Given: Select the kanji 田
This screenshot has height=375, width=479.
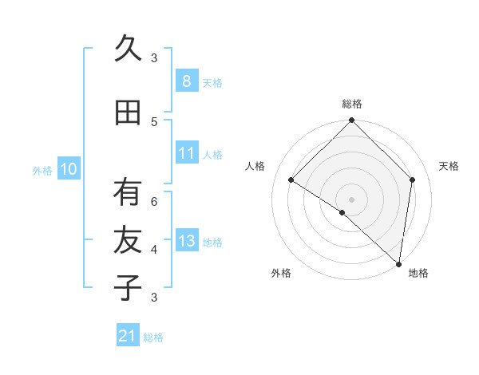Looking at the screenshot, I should pos(128,112).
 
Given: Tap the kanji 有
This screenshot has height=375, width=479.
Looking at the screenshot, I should pos(128,192).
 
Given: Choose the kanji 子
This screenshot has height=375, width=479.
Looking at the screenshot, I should pos(128,287).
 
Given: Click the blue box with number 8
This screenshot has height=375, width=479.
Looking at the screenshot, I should pos(186,81).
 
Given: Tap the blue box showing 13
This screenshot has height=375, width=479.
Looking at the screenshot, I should pos(186,241).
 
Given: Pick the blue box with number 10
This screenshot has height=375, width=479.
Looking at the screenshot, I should pos(69,169).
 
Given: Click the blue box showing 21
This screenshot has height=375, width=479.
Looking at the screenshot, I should pos(128,336).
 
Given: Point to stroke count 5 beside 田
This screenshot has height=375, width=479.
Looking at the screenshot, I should pos(154,121).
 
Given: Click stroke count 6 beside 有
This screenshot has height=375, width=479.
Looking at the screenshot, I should pos(154,201).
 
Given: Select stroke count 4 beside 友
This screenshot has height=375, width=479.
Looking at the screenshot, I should pos(154,249).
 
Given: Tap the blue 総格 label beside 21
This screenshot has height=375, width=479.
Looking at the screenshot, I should pos(153,337).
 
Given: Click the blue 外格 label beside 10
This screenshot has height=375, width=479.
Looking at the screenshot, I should pos(42,170).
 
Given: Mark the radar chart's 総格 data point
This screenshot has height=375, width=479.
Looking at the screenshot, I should pos(351,120).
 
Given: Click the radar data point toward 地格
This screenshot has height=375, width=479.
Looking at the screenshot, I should pos(398,264).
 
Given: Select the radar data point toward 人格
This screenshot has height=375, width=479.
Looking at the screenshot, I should pos(291,180).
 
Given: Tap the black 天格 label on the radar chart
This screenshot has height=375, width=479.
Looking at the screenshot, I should pos(449,166).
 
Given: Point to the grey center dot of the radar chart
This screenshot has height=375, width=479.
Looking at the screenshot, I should pos(351,199).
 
